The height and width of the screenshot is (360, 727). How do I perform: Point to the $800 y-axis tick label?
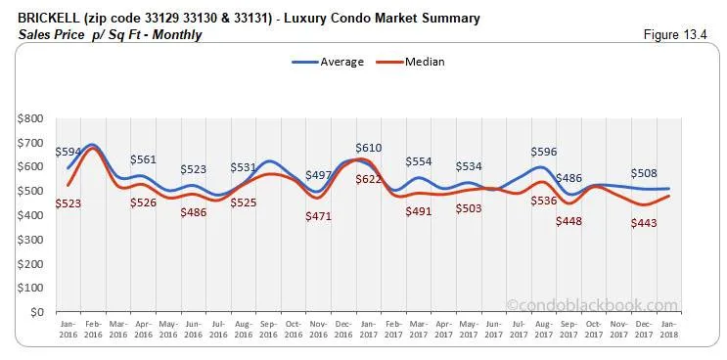[29, 118]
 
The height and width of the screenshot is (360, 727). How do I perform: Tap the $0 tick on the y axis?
[35, 312]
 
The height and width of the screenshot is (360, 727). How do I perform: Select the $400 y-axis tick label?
[29, 215]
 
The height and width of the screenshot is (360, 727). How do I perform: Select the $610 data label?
[368, 148]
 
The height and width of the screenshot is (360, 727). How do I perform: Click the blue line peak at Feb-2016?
[92, 145]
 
